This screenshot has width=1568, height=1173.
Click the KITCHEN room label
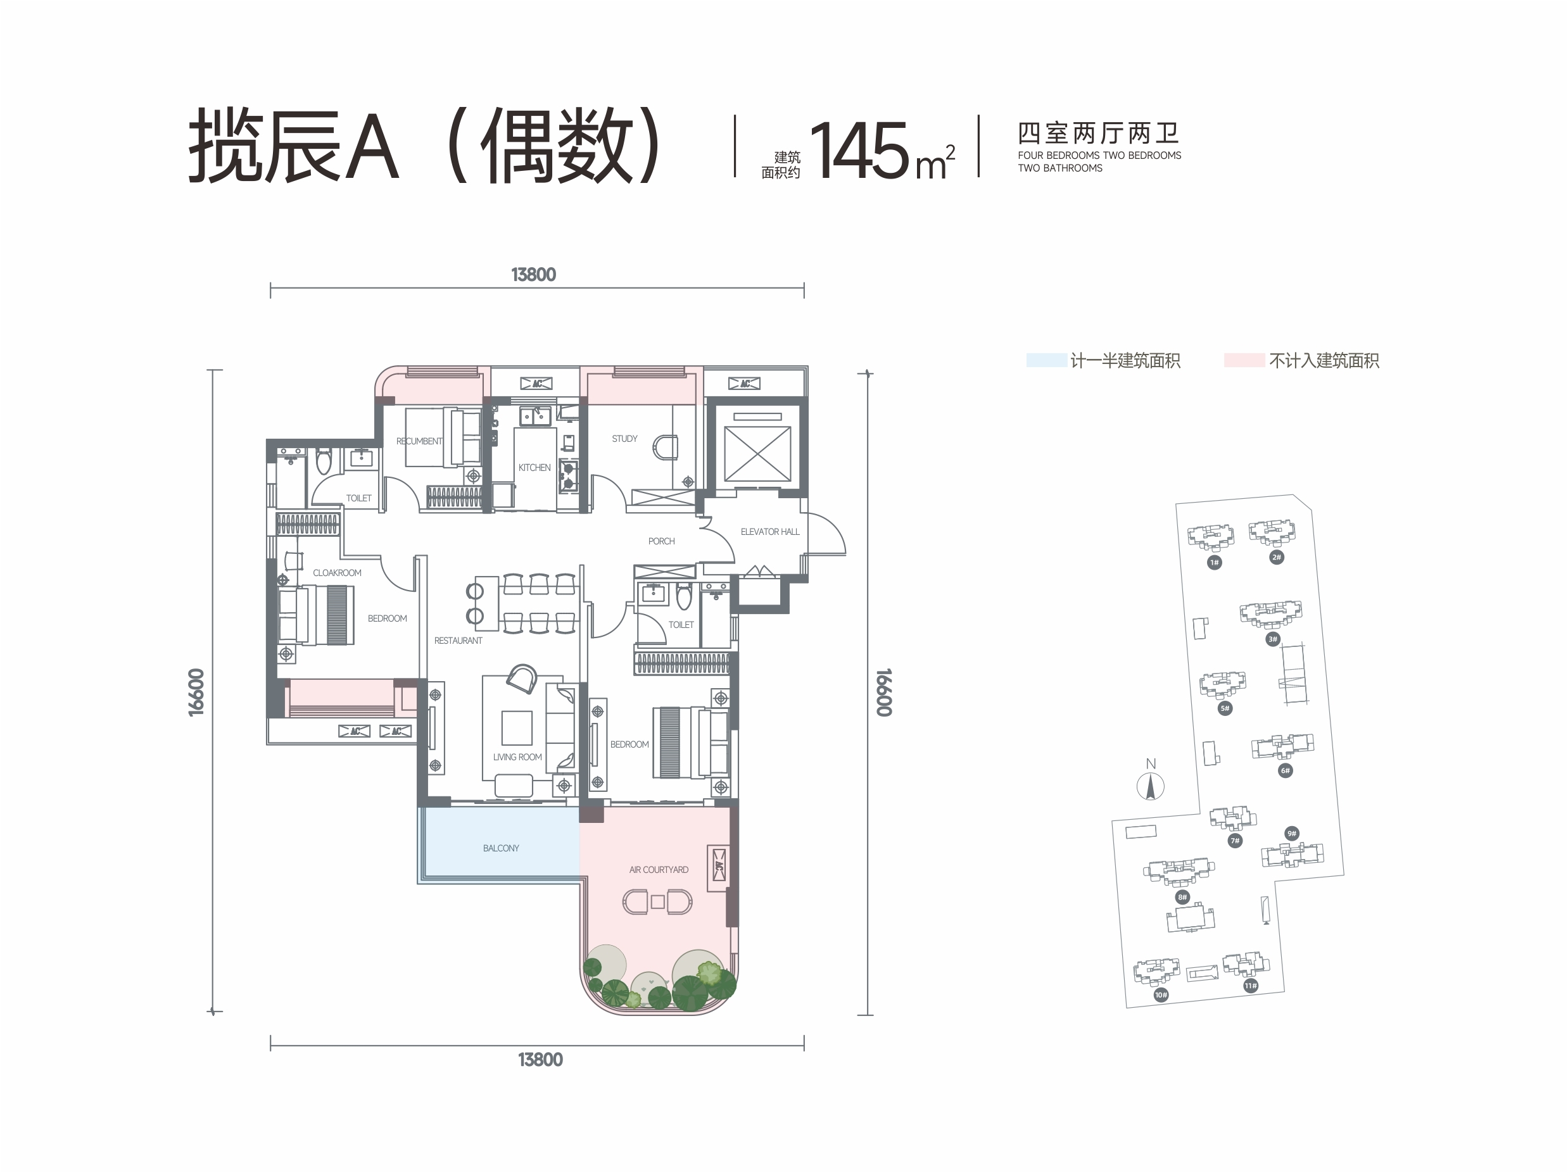534,468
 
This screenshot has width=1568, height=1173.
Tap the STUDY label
624,439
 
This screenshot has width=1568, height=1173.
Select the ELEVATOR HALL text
770,532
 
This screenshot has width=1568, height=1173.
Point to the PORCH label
661,541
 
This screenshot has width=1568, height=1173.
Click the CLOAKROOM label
338,573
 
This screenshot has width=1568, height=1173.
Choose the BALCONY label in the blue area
501,848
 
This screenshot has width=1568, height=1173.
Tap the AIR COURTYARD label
659,870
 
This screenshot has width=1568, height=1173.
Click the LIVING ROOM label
517,757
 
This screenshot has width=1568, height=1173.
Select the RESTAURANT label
458,641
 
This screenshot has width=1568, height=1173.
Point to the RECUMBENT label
419,441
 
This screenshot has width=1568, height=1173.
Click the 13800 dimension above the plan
534,275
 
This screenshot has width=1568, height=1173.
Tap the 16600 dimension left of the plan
196,693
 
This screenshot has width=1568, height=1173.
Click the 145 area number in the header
859,150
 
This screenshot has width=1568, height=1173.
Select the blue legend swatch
1046,360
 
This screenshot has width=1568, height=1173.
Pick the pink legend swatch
1244,360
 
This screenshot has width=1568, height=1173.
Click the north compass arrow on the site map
1151,787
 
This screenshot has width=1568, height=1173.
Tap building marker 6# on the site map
1285,770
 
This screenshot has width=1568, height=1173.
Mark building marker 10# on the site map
1161,995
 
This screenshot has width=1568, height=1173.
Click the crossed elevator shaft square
757,454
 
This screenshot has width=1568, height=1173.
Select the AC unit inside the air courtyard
719,865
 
